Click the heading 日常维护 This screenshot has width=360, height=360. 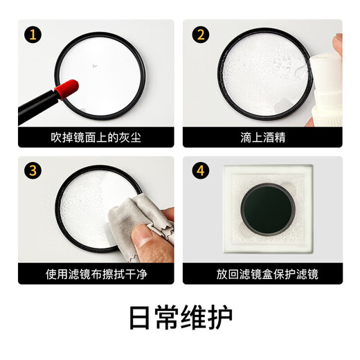tap(180, 316)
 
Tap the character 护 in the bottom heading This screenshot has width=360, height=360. tap(219, 316)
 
